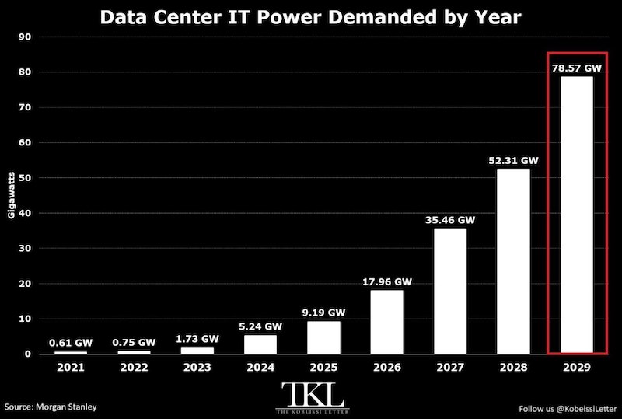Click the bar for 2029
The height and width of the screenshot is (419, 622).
(x=577, y=215)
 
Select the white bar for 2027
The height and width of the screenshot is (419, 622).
(x=450, y=291)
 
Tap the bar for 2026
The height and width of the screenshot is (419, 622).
(x=386, y=322)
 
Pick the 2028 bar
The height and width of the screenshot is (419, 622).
(x=513, y=261)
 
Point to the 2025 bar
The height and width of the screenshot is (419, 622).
(x=323, y=337)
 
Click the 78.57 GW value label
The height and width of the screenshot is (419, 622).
(x=577, y=68)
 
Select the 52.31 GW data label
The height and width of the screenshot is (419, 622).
(x=513, y=161)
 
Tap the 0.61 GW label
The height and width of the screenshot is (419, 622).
(x=71, y=342)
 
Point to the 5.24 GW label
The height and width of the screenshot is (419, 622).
(x=260, y=326)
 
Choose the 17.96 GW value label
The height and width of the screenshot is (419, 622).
(x=387, y=281)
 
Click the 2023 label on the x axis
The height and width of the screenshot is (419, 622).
(x=197, y=368)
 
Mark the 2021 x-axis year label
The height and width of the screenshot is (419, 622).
(x=71, y=368)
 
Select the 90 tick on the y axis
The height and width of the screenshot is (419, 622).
(x=25, y=37)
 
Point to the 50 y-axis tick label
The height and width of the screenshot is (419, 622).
(x=25, y=178)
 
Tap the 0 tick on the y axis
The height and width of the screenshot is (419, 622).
(x=28, y=354)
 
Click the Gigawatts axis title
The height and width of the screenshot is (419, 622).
(x=11, y=195)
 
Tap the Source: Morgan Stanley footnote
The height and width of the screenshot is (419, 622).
(x=51, y=407)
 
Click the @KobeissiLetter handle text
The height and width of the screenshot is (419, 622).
(x=586, y=409)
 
